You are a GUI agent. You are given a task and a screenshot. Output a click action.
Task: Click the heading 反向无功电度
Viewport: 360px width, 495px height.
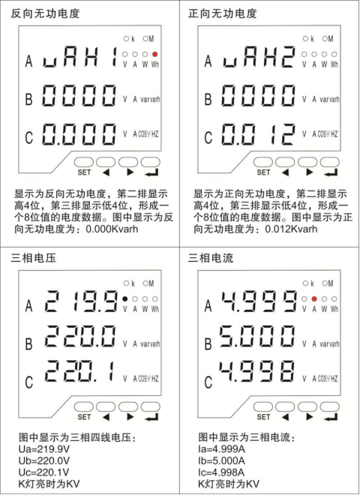click(x=45, y=13)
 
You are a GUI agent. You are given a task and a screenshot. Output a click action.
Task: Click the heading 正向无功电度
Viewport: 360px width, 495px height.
click(x=222, y=13)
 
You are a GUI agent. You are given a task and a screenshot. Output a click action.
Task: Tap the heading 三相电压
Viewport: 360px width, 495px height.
click(x=34, y=258)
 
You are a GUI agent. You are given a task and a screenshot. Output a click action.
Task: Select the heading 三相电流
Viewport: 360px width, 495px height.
click(x=211, y=258)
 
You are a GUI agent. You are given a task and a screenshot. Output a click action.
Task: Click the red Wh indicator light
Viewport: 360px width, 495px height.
click(x=154, y=54)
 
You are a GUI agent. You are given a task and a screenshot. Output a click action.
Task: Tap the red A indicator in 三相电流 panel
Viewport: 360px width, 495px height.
click(x=314, y=298)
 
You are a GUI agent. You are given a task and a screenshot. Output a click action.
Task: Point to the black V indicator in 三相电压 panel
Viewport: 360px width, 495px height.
click(x=125, y=298)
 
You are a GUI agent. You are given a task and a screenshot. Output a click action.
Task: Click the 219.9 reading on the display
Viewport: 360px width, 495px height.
click(x=81, y=301)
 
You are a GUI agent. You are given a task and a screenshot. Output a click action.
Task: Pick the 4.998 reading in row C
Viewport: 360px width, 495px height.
click(x=257, y=371)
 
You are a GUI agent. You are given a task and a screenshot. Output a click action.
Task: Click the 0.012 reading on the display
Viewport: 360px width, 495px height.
click(x=258, y=134)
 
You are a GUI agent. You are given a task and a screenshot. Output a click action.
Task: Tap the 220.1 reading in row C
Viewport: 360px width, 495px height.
click(x=79, y=371)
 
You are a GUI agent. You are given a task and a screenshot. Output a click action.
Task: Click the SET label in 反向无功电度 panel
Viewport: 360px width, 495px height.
click(x=84, y=172)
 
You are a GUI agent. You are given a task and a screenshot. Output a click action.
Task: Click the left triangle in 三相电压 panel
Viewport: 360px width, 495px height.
click(x=106, y=417)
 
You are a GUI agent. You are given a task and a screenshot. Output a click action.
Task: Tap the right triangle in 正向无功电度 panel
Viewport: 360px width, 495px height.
click(x=310, y=172)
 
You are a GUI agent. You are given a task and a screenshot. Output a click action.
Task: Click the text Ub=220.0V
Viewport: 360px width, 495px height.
click(x=44, y=460)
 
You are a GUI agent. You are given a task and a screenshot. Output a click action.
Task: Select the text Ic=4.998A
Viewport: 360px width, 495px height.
click(x=221, y=472)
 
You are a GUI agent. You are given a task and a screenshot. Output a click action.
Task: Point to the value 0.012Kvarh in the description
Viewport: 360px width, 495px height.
click(x=291, y=229)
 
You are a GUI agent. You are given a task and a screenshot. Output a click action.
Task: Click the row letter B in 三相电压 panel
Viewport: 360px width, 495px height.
click(x=28, y=343)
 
